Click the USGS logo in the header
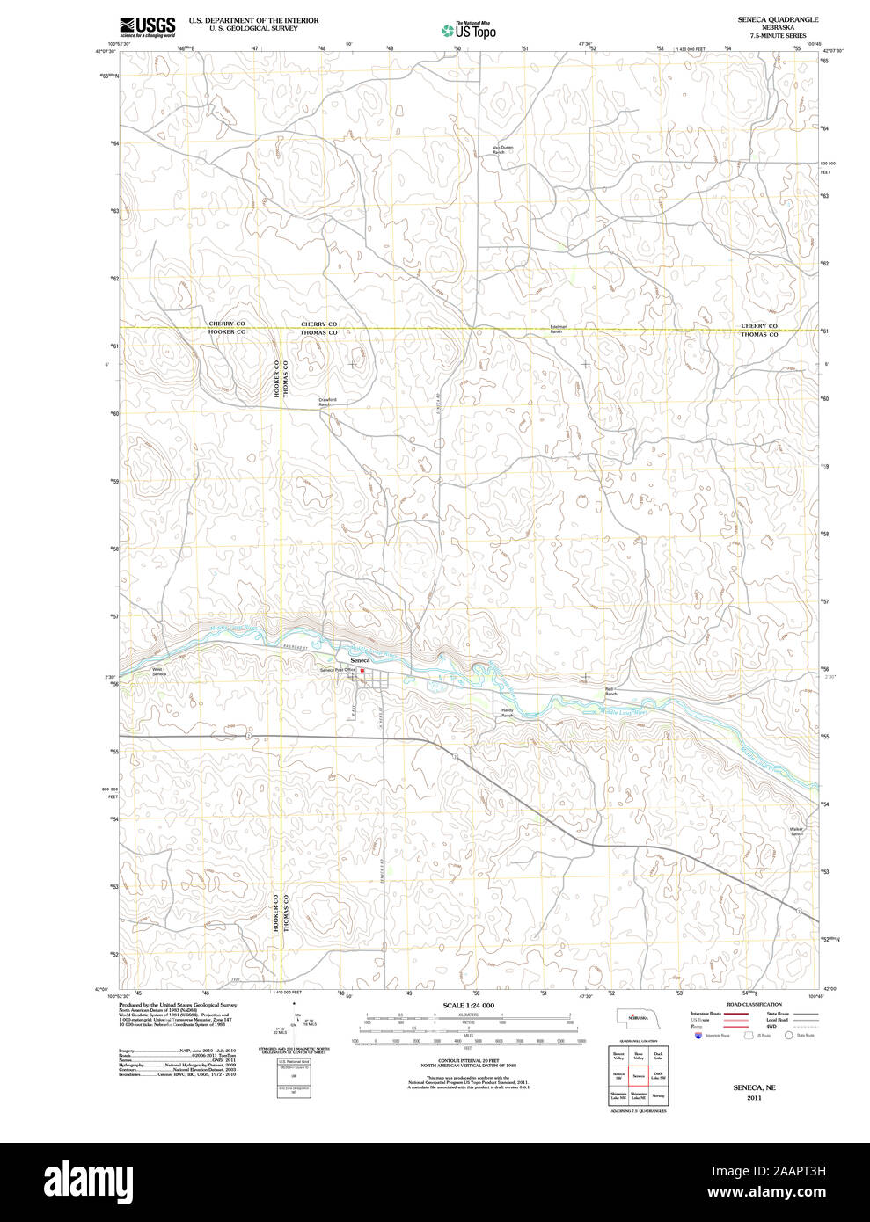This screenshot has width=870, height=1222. [x=147, y=25]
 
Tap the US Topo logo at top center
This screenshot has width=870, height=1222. [x=469, y=31]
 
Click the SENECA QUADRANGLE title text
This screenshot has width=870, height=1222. [x=771, y=19]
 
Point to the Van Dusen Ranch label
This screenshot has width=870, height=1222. [x=501, y=149]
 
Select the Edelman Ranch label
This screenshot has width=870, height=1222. [x=557, y=330]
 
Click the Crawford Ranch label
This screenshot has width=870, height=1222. [x=327, y=402]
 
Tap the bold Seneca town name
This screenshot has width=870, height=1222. [x=360, y=659]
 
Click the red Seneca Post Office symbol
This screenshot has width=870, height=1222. [x=361, y=670]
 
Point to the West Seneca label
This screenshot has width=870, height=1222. [x=158, y=671]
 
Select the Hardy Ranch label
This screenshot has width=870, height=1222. [x=507, y=713]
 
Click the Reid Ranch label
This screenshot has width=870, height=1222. [x=610, y=691]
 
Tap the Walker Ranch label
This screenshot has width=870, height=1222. [x=796, y=831]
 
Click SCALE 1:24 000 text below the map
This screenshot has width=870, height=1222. [x=468, y=1005]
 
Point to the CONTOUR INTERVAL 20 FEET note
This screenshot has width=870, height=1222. [x=468, y=1060]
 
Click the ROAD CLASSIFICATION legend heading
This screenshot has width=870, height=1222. [x=754, y=1004]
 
